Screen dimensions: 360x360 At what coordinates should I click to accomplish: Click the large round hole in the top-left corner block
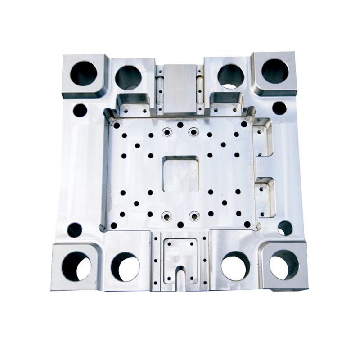pos(84,73)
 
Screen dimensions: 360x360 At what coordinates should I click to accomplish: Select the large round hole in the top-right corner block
pos(275,71)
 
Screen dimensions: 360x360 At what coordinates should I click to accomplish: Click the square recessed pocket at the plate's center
pos(180,174)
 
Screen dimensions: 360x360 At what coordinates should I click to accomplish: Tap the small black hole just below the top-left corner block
pos(80,110)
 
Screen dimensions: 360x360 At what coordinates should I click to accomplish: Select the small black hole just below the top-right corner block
pos(279,108)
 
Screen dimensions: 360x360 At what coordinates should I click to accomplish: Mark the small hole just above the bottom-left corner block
pos(75,230)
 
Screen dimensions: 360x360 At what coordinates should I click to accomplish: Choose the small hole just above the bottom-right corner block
pos(285,228)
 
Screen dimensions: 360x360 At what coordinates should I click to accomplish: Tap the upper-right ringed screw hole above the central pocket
pos(193,132)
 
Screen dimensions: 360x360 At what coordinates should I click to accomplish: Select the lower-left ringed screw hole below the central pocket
pos(166,216)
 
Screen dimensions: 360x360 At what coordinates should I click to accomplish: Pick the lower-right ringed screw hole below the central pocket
pos(194,216)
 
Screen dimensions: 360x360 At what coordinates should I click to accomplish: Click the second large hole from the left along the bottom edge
pos(125,266)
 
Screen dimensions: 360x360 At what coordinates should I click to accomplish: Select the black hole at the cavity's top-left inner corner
pos(117,126)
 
